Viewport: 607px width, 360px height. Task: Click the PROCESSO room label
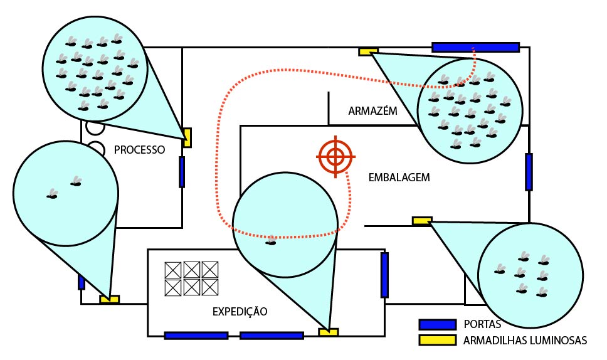(139, 151)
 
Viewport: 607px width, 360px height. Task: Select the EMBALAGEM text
(399, 177)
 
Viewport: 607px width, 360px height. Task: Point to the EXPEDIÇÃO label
(240, 311)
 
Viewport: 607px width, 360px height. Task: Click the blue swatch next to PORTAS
(437, 324)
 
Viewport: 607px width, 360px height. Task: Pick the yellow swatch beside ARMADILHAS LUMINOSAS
(437, 341)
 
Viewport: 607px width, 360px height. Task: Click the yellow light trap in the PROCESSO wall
(187, 137)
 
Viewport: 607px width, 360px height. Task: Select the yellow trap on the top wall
(368, 51)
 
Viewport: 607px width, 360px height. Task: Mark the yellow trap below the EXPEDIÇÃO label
(328, 332)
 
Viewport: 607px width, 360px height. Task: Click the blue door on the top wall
(475, 47)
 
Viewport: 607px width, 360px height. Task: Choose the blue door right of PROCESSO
(182, 172)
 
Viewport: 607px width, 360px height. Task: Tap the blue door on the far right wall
(529, 171)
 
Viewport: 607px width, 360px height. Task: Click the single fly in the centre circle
(271, 241)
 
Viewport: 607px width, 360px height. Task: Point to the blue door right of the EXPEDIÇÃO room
(384, 275)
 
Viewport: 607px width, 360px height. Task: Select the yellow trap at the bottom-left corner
(109, 300)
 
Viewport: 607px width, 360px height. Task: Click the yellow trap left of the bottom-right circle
(421, 220)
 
